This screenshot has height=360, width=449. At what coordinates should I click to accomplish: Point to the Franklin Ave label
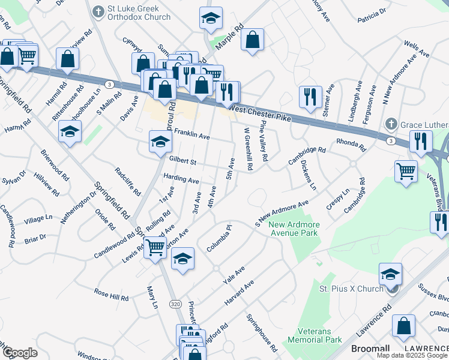point(192,136)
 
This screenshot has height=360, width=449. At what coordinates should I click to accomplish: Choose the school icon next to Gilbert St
point(160,142)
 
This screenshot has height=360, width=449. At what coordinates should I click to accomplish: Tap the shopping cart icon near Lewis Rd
point(155,246)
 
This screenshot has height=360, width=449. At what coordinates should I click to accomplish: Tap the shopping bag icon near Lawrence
point(404,326)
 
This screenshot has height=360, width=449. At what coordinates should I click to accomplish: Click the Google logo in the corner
point(19,353)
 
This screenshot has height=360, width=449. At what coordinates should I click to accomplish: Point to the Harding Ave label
point(181,179)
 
